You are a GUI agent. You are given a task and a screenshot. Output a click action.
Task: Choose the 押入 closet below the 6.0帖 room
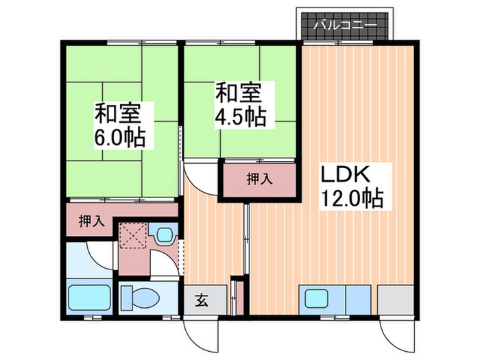91,221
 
